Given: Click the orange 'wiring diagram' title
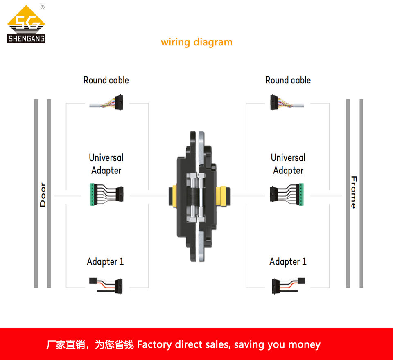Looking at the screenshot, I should click(196, 42).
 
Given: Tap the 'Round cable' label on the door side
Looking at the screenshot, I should click(106, 80).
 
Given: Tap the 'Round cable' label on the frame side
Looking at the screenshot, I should click(288, 80).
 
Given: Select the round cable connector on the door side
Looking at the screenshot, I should click(119, 102).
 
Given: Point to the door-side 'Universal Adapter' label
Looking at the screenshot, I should click(106, 164).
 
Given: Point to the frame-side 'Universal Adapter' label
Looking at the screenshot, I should click(288, 164).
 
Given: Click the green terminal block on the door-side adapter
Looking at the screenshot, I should click(92, 194).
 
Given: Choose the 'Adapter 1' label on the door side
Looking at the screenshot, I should click(105, 261).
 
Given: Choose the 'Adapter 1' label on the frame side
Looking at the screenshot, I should click(288, 261).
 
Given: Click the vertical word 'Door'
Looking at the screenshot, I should click(43, 195).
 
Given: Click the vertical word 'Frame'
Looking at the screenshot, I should click(354, 192).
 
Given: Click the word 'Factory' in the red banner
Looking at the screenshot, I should click(154, 344).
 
